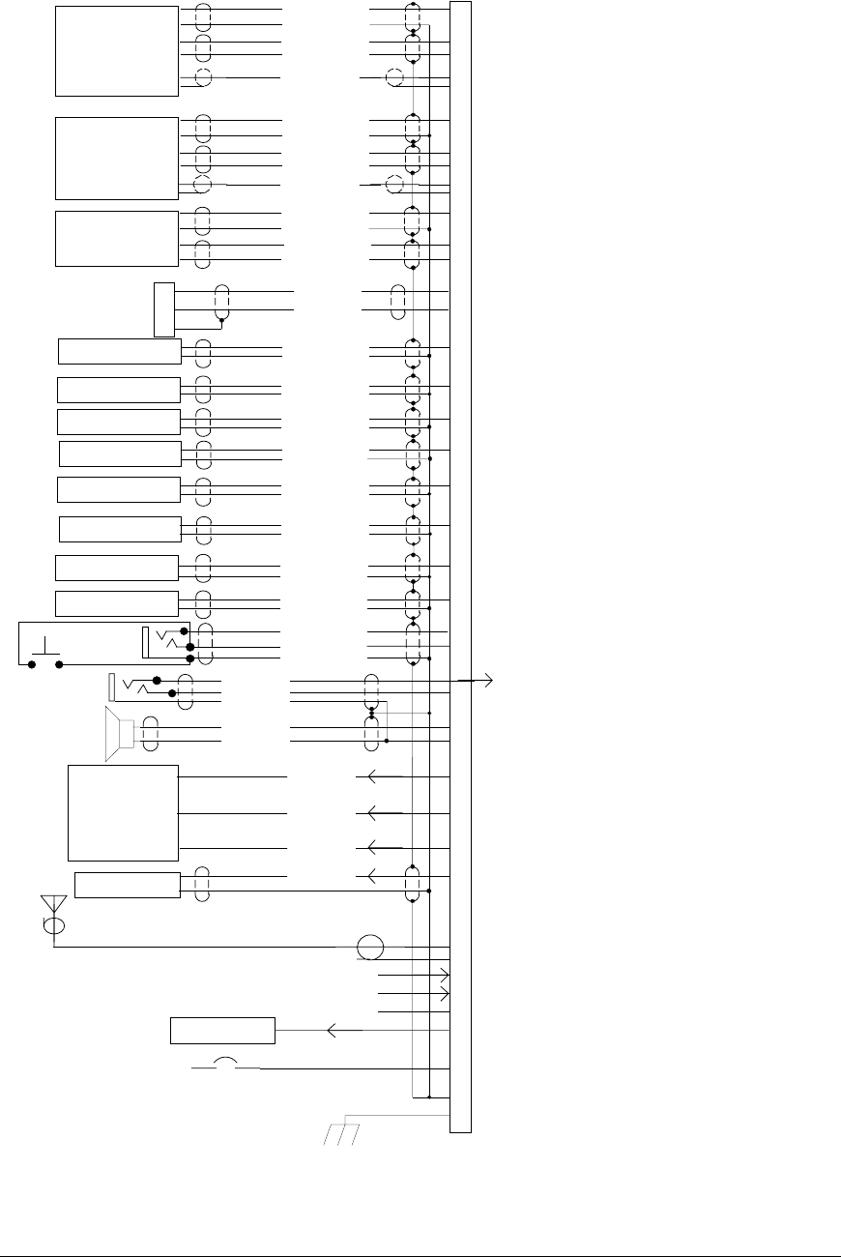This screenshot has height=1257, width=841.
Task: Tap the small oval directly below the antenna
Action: coord(54,925)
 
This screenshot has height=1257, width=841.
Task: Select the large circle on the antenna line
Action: coord(370,948)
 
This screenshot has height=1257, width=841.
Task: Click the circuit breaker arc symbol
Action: coord(226,1063)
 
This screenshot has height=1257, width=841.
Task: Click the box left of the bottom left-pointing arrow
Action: coord(222,1031)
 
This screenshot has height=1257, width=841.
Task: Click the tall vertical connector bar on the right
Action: coord(461,566)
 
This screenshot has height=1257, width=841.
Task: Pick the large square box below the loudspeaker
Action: coord(124,812)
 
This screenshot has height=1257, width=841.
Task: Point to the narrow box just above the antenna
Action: coord(128,885)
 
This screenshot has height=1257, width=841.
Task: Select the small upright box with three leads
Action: coord(163,309)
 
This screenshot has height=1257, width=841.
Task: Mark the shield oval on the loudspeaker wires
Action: coord(150,734)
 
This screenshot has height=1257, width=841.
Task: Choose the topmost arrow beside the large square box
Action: coord(365,775)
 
